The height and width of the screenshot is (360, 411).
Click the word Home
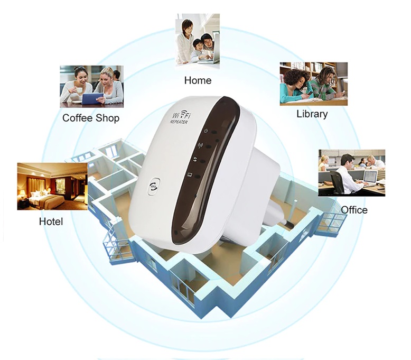198,80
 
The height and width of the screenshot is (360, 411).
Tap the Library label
312,114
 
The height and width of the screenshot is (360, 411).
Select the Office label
354,210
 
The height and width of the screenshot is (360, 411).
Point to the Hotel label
51,221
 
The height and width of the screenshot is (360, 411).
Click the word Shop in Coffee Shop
107,118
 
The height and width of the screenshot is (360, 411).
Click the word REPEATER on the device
181,123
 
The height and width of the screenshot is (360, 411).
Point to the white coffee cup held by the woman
79,90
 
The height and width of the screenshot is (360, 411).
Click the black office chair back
337,180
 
